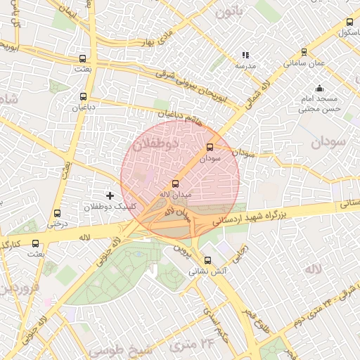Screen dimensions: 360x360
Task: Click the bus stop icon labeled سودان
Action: tap(210, 148)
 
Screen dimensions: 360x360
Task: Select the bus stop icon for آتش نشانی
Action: tap(197, 260)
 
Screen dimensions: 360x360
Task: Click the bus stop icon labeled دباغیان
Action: tap(84, 97)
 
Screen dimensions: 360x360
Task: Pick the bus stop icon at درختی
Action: tap(58, 213)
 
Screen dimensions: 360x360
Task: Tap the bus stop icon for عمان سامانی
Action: tap(304, 52)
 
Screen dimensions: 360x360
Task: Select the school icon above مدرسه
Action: tap(245, 54)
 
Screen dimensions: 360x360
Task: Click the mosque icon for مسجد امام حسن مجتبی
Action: tap(320, 89)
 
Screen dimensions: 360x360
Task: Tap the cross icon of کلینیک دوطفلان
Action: tap(109, 195)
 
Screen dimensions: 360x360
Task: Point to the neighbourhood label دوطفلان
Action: tap(156, 143)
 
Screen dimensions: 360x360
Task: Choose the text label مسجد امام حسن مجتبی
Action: tap(320, 104)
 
